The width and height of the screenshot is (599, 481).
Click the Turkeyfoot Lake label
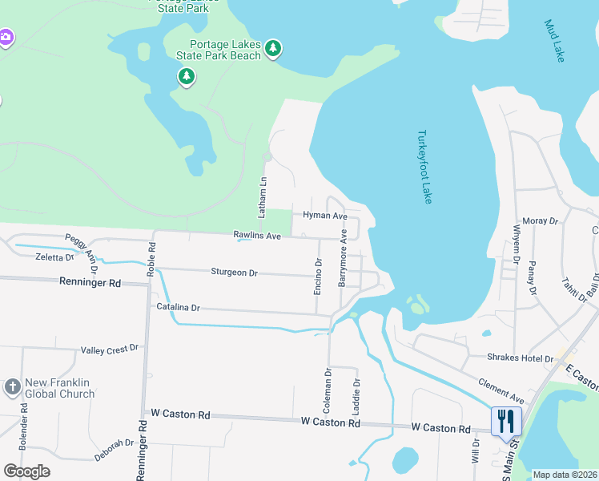pyautogui.click(x=424, y=167)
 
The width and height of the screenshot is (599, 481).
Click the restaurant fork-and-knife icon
pyautogui.click(x=506, y=419)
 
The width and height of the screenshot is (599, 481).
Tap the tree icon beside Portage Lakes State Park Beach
pyautogui.click(x=273, y=49)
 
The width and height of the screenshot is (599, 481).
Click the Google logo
pyautogui.click(x=26, y=471)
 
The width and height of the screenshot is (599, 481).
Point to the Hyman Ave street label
pyautogui.click(x=325, y=216)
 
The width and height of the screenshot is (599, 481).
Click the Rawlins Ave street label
pyautogui.click(x=257, y=236)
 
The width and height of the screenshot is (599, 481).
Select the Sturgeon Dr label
pyautogui.click(x=234, y=273)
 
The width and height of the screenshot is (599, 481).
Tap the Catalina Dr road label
pyautogui.click(x=178, y=307)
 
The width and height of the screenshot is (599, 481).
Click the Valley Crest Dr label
pyautogui.click(x=110, y=350)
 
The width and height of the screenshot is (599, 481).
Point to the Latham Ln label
pyautogui.click(x=261, y=198)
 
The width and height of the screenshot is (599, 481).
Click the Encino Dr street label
pyautogui.click(x=318, y=276)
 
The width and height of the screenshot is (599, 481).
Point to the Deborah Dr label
pyautogui.click(x=112, y=443)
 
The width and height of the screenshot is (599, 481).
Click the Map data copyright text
pyautogui.click(x=565, y=474)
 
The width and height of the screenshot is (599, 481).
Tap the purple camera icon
pyautogui.click(x=6, y=38)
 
